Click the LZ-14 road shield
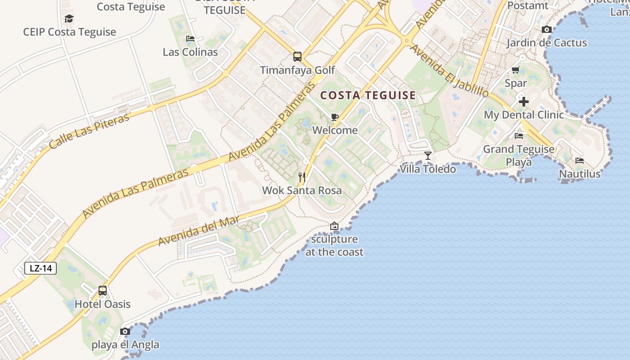[41, 269]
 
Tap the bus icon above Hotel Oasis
[103, 291]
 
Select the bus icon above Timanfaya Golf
[297, 57]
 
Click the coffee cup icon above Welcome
[335, 117]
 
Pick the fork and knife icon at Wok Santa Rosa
[302, 177]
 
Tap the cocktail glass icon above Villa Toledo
[428, 156]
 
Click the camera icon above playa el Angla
[125, 332]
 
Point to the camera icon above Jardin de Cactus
[547, 30]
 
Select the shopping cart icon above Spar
[516, 70]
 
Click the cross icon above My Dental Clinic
[523, 101]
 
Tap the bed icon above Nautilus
[580, 160]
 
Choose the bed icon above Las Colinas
[190, 39]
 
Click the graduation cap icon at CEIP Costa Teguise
[69, 18]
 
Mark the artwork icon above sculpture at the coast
[334, 226]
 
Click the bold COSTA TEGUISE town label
[368, 95]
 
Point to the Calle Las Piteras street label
[89, 131]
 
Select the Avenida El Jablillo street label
[449, 71]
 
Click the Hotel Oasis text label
[103, 304]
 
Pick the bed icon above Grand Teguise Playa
[519, 135]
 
